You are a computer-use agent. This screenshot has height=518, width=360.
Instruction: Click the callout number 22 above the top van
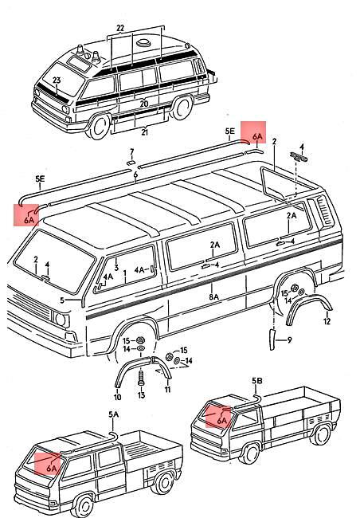pyautogui.click(x=120, y=28)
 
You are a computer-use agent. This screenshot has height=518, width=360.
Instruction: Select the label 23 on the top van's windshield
pyautogui.click(x=57, y=80)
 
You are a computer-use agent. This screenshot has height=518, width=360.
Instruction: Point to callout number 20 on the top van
pyautogui.click(x=143, y=104)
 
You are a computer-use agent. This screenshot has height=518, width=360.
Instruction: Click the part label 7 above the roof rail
pyautogui.click(x=132, y=151)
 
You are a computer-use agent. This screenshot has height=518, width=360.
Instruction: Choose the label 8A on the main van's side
pyautogui.click(x=213, y=297)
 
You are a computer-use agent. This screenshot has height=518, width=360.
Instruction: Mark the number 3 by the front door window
pyautogui.click(x=115, y=269)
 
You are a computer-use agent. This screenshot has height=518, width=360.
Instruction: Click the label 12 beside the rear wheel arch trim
pyautogui.click(x=327, y=321)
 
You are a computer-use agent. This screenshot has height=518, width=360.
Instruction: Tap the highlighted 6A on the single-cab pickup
pyautogui.click(x=221, y=417)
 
